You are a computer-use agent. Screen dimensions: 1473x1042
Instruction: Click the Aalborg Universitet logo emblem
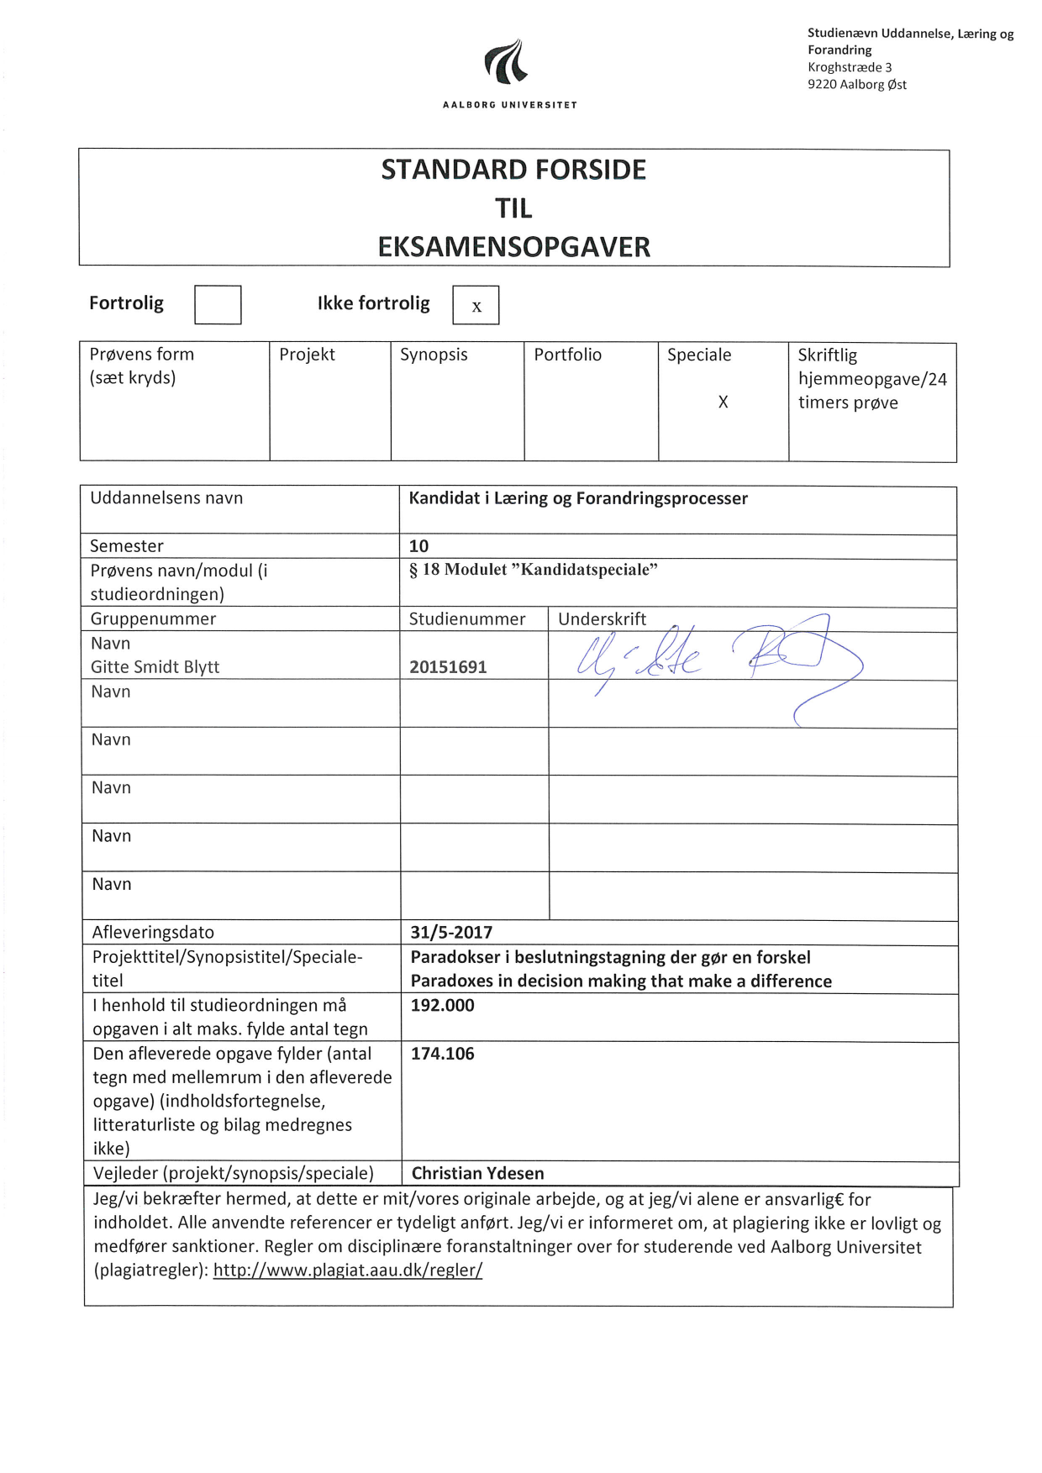pos(507,62)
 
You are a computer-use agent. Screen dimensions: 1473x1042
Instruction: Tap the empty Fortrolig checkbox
pos(218,304)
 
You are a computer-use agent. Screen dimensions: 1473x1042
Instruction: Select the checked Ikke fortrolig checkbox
pos(476,305)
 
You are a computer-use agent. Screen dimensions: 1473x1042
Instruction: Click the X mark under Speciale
pos(723,402)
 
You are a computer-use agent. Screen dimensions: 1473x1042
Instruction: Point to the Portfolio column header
pos(567,355)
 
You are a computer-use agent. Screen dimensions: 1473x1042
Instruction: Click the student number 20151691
pos(448,667)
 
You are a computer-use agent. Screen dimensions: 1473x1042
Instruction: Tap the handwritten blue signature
pos(714,664)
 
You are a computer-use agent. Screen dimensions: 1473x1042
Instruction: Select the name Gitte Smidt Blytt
pos(155,667)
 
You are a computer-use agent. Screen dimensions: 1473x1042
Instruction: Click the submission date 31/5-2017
pos(451,932)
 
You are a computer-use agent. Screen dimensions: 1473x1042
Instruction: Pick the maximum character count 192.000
pos(442,1005)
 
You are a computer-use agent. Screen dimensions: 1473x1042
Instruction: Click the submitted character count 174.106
pos(442,1053)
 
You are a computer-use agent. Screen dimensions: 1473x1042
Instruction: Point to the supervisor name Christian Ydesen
pos(477,1173)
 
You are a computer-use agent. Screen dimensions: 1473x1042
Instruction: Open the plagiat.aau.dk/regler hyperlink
pos(347,1270)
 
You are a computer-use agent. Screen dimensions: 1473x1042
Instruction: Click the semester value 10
pos(418,546)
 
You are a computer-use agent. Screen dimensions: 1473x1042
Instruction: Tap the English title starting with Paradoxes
pos(621,981)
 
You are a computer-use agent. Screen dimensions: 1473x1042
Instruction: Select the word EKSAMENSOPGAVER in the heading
pos(513,247)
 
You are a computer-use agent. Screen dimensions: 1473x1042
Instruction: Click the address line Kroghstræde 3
pos(850,67)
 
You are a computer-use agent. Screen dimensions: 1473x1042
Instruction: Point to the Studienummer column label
pos(467,619)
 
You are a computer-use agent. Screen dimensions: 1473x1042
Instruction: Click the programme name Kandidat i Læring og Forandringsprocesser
pos(578,498)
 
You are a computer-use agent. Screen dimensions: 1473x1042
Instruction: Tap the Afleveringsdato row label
pos(153,932)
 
